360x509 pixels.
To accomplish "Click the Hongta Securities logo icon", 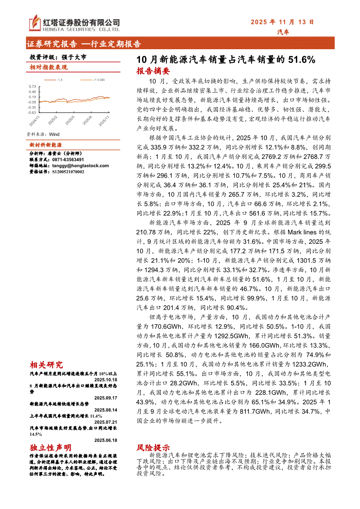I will click(x=34, y=23).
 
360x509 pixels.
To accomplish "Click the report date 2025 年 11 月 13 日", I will click(x=282, y=22).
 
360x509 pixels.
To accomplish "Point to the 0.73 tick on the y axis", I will click(x=33, y=87).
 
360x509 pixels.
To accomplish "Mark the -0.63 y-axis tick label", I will click(x=32, y=112).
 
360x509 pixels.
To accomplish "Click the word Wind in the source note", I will click(x=54, y=135).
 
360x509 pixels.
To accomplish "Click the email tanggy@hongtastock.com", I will click(x=81, y=165).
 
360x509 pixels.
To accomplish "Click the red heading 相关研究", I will click(x=46, y=365).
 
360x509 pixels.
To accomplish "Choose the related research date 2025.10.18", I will click(x=106, y=379).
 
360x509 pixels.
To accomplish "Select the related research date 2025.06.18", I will click(x=106, y=440).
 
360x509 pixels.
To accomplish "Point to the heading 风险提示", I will click(x=153, y=448).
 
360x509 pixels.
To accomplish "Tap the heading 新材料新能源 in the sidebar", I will click(x=46, y=145).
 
